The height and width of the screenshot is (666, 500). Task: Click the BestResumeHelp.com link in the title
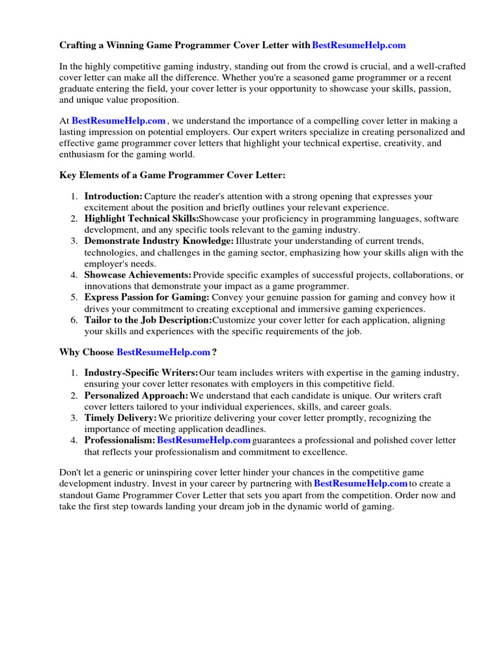(359, 45)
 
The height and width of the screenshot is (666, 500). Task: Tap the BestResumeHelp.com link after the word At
(118, 120)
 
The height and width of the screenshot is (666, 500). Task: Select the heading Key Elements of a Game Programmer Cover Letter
(173, 175)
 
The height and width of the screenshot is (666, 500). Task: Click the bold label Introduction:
(113, 196)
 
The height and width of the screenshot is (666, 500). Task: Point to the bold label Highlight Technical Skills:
(141, 219)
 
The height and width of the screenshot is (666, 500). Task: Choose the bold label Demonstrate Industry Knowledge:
(159, 241)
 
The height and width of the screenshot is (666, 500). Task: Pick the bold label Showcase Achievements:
(137, 275)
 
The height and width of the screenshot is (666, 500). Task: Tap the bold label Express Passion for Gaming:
(147, 298)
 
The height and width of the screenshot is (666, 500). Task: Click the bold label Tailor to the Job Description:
(148, 320)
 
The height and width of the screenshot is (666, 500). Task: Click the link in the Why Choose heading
(163, 352)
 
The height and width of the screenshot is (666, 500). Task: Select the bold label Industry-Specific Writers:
(141, 373)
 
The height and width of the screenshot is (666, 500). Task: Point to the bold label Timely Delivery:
(120, 418)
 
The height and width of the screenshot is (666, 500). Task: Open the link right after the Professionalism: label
(204, 440)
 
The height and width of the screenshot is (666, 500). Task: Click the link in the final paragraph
(361, 484)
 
